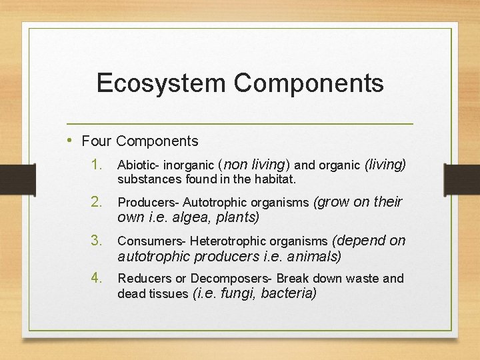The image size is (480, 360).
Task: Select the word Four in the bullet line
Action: (x=96, y=141)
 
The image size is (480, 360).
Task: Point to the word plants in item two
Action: (x=236, y=217)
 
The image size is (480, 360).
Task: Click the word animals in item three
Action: (x=317, y=256)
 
